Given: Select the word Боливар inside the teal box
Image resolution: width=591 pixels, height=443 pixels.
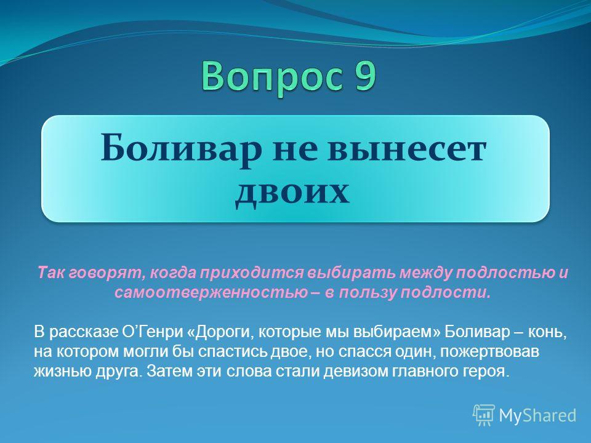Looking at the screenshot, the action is point(182,148).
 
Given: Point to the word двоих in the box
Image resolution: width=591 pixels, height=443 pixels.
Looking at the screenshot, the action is point(292,192).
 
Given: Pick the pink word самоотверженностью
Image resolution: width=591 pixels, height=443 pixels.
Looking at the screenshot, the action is point(211,292).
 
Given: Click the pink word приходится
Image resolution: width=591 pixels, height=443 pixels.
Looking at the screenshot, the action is point(251,273).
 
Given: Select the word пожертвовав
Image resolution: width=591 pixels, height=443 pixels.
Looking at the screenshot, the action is point(489,352).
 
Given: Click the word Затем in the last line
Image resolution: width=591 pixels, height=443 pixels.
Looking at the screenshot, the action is point(170,372).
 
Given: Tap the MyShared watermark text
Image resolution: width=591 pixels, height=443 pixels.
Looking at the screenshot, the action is point(537,415).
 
